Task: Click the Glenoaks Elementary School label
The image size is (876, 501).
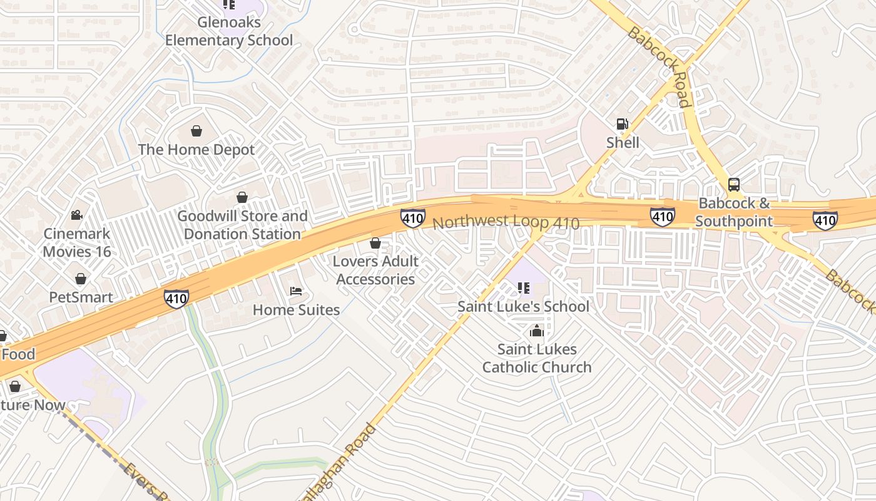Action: click(228, 31)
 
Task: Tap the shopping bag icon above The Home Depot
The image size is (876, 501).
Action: click(196, 131)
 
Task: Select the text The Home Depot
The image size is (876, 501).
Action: click(196, 150)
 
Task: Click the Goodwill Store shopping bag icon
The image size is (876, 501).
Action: click(242, 197)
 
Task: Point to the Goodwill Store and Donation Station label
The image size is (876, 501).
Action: click(242, 225)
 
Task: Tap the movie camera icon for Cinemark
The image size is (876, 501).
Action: click(76, 215)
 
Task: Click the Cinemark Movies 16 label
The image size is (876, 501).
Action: click(76, 242)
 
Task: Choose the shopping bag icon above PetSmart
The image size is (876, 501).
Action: click(81, 279)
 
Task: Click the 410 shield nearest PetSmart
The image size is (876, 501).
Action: click(176, 298)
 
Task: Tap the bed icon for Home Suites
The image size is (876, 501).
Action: click(296, 291)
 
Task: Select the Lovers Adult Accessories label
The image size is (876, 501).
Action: click(375, 270)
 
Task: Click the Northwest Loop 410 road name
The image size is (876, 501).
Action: click(506, 222)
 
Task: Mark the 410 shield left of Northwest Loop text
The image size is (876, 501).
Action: click(413, 218)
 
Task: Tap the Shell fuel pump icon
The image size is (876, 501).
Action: click(622, 124)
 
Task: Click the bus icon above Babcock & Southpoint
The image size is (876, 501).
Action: click(734, 185)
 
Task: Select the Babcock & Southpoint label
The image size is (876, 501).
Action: click(734, 212)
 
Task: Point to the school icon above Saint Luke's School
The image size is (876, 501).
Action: click(524, 288)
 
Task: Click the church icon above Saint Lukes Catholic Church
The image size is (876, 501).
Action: click(536, 331)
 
